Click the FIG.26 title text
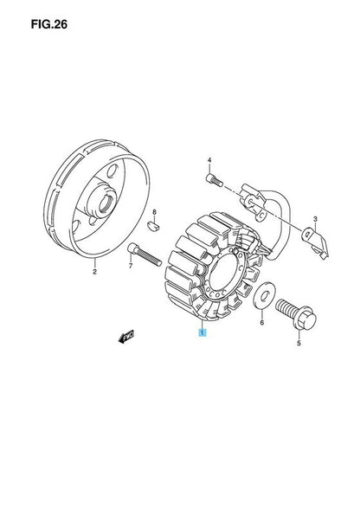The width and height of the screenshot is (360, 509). point(49,24)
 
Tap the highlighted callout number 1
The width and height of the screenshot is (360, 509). point(202,332)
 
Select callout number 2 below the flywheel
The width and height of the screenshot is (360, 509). point(94,272)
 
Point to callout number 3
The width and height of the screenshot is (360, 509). point(315,220)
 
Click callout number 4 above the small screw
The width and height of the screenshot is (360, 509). point(209,160)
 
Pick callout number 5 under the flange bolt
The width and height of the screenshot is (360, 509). point(299,343)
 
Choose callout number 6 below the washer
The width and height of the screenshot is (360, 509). point(262,322)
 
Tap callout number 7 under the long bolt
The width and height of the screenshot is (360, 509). point(131,267)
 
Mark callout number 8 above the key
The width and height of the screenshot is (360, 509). point(154,212)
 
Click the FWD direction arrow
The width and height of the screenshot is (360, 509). point(126,338)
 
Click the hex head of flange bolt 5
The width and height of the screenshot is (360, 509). point(305,317)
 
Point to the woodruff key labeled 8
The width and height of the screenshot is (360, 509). point(152,225)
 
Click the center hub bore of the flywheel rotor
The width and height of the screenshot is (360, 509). point(106,203)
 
